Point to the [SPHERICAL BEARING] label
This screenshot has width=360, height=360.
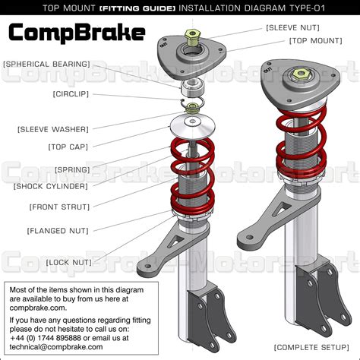[46, 65]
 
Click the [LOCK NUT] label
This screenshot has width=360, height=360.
[69, 262]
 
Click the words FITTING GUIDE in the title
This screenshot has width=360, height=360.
[150, 8]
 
